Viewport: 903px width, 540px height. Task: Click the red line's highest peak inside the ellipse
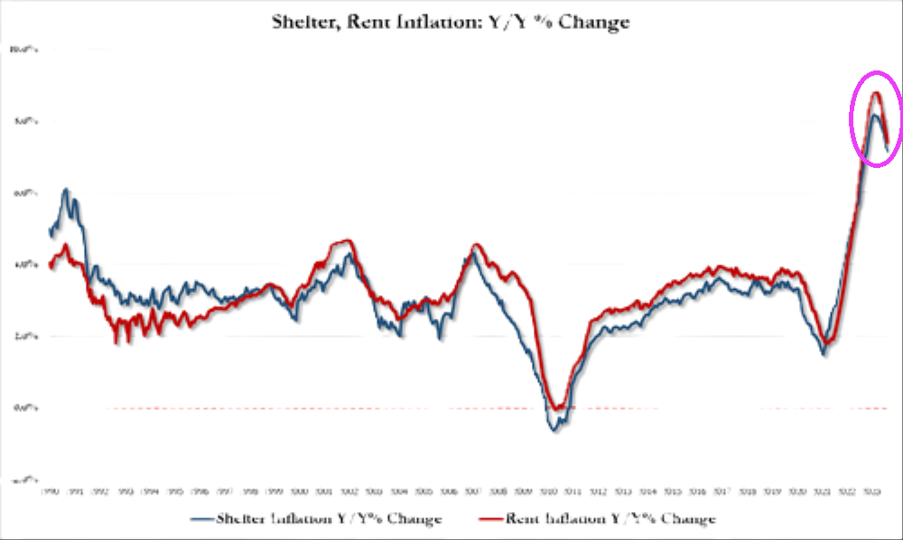(x=875, y=93)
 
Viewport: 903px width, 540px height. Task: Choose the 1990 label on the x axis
(x=51, y=491)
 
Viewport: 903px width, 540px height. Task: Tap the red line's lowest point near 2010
(x=560, y=409)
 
